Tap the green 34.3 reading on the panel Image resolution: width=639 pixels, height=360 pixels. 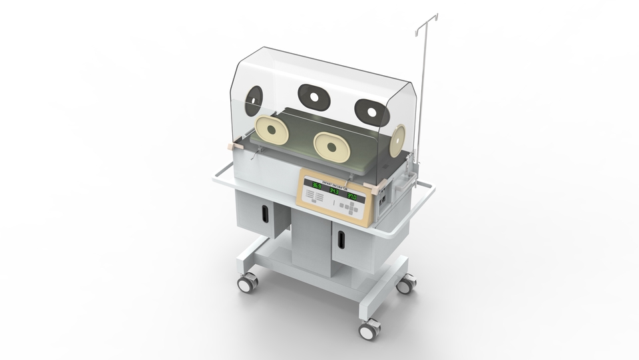(334, 192)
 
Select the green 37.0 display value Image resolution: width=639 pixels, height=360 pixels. (352, 197)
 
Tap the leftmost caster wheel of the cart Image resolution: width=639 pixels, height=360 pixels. (246, 284)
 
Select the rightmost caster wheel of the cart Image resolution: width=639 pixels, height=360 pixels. (405, 284)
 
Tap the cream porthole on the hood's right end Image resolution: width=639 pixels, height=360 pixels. (398, 138)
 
